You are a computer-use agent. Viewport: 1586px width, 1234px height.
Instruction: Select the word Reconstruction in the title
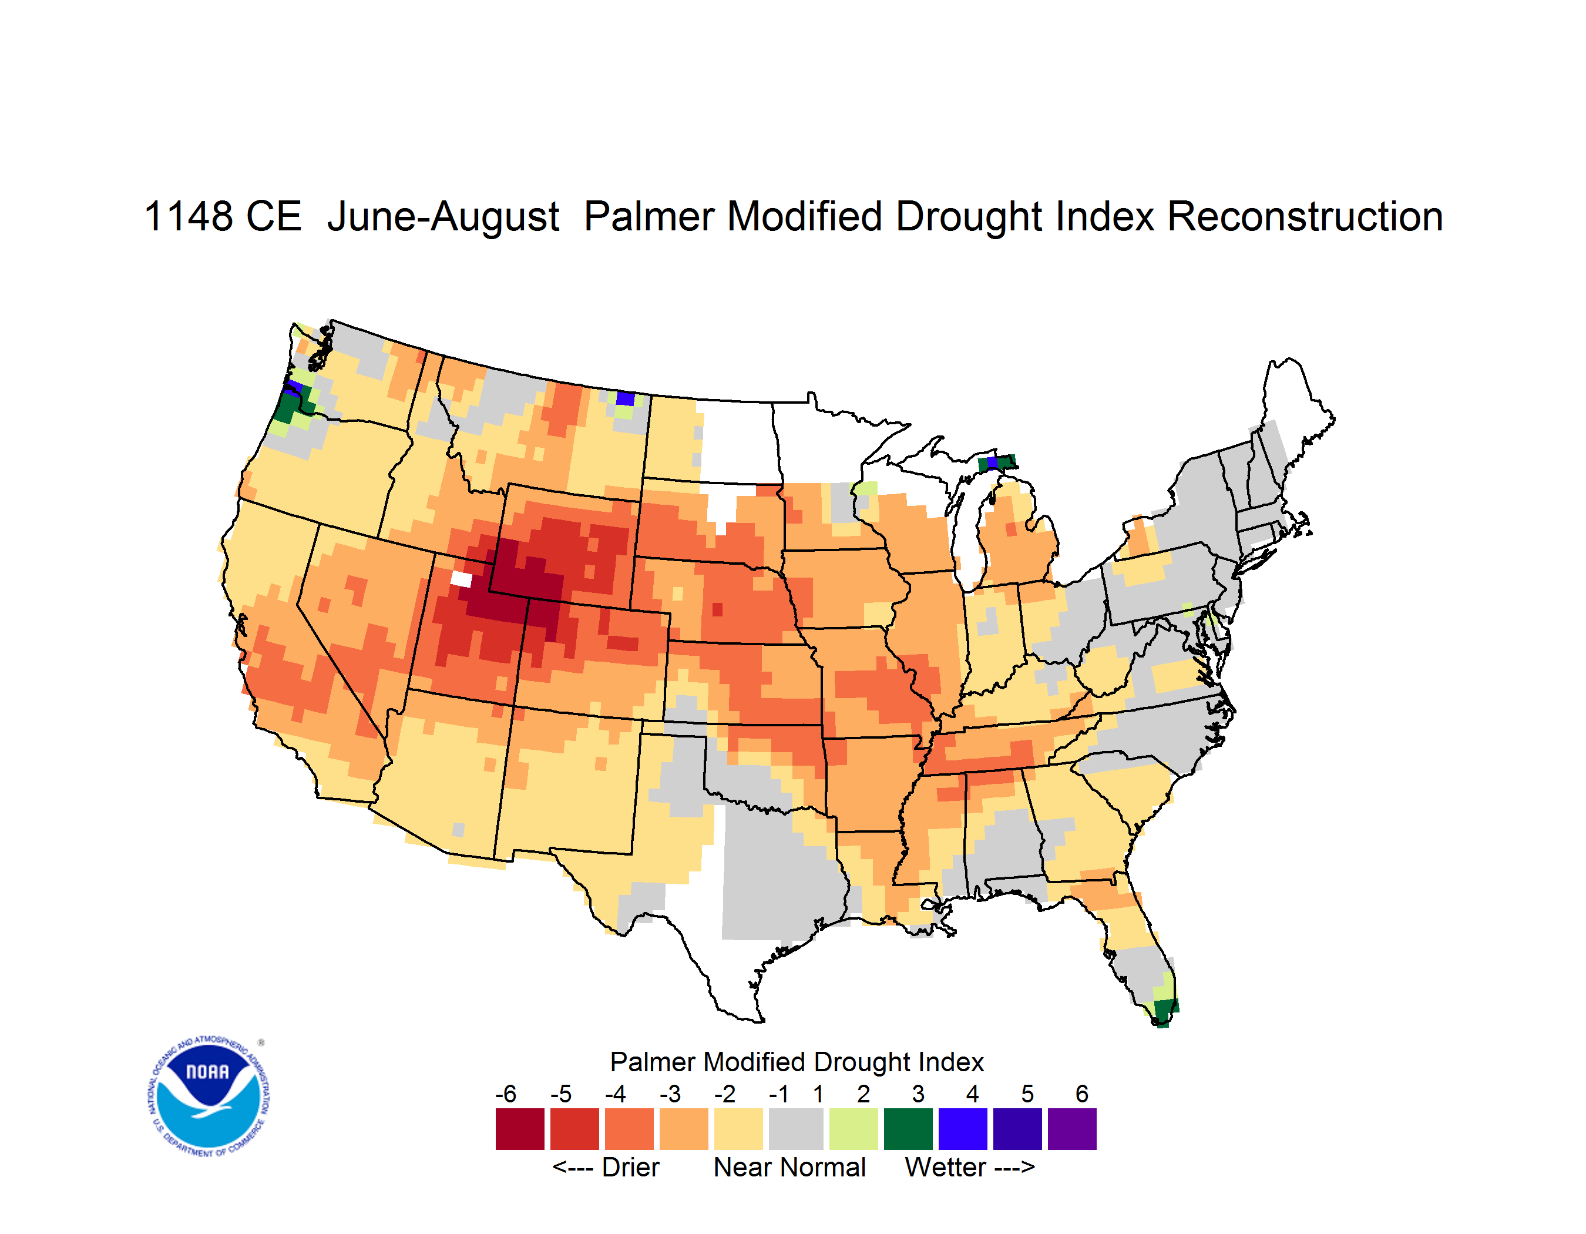[1304, 216]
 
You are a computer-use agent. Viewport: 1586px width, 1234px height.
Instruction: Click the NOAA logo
[209, 1096]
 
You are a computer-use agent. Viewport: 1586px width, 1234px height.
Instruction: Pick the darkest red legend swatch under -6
[519, 1129]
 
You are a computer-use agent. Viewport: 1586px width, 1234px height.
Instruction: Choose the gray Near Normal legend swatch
[795, 1129]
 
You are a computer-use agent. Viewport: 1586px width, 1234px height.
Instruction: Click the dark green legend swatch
[908, 1129]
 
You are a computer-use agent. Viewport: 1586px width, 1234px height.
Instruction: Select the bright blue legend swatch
[962, 1129]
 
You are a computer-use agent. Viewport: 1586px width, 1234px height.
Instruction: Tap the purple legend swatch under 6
[1072, 1129]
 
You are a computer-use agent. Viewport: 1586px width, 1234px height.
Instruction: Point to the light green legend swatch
[854, 1129]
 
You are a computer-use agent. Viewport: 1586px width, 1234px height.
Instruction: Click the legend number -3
[670, 1093]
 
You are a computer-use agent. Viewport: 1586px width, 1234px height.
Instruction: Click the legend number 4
[972, 1093]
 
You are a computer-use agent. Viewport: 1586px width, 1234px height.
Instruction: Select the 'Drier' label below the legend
[630, 1167]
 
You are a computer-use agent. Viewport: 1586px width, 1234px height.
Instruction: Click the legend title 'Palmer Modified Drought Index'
[797, 1062]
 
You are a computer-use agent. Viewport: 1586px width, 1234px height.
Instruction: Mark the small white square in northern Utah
[461, 579]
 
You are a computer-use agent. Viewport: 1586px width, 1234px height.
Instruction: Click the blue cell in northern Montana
[625, 398]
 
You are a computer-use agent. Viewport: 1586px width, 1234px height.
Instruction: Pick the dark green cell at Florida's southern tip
[1165, 1012]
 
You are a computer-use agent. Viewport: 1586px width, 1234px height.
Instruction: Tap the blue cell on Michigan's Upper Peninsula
[992, 462]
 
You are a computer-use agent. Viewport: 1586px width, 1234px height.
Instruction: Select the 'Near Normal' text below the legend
[789, 1167]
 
